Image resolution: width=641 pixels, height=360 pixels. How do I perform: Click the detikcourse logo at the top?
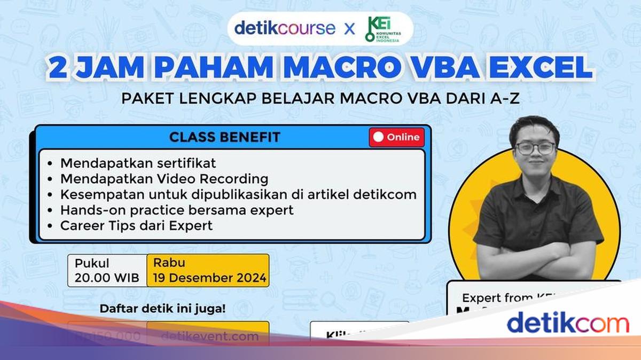[x=285, y=28]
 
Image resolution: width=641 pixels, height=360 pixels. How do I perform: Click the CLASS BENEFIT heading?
[x=224, y=137]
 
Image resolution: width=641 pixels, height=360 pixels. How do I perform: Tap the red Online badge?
[x=396, y=137]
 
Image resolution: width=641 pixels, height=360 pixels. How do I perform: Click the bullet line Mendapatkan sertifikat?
[x=138, y=162]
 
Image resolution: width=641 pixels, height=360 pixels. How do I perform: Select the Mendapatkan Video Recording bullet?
[x=164, y=178]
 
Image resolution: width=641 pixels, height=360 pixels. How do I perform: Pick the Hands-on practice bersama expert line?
[x=177, y=210]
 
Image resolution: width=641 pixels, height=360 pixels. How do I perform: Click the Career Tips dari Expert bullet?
[x=136, y=225]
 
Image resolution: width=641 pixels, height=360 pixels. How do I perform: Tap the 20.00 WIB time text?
[x=107, y=278]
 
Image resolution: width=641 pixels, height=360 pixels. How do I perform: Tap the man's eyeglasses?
[x=535, y=148]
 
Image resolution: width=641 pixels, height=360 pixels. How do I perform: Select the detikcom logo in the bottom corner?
[x=567, y=324]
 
